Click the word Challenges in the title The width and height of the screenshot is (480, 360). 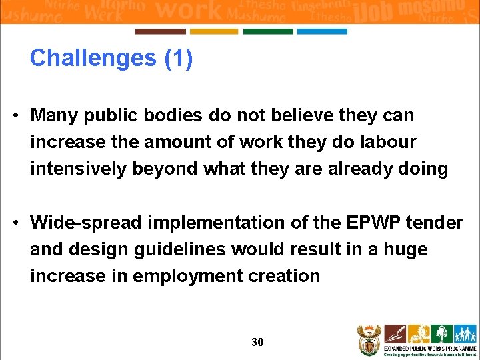click(x=93, y=59)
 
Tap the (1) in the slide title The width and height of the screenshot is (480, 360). click(x=178, y=59)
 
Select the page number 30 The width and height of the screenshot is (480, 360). click(x=257, y=342)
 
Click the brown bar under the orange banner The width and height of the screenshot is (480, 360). click(x=160, y=31)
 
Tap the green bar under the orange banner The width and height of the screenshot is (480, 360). click(x=268, y=31)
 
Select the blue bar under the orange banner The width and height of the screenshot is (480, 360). click(x=322, y=31)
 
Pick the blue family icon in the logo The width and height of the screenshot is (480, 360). click(x=465, y=333)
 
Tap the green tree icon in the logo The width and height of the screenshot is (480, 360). click(x=441, y=333)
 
